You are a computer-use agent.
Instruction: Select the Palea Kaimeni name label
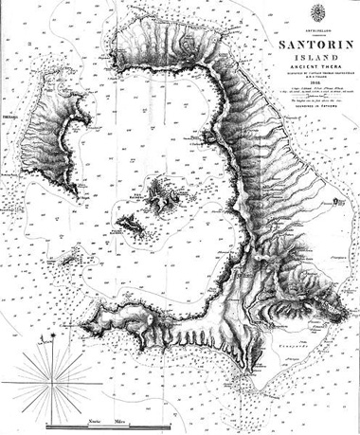tap(116, 230)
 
